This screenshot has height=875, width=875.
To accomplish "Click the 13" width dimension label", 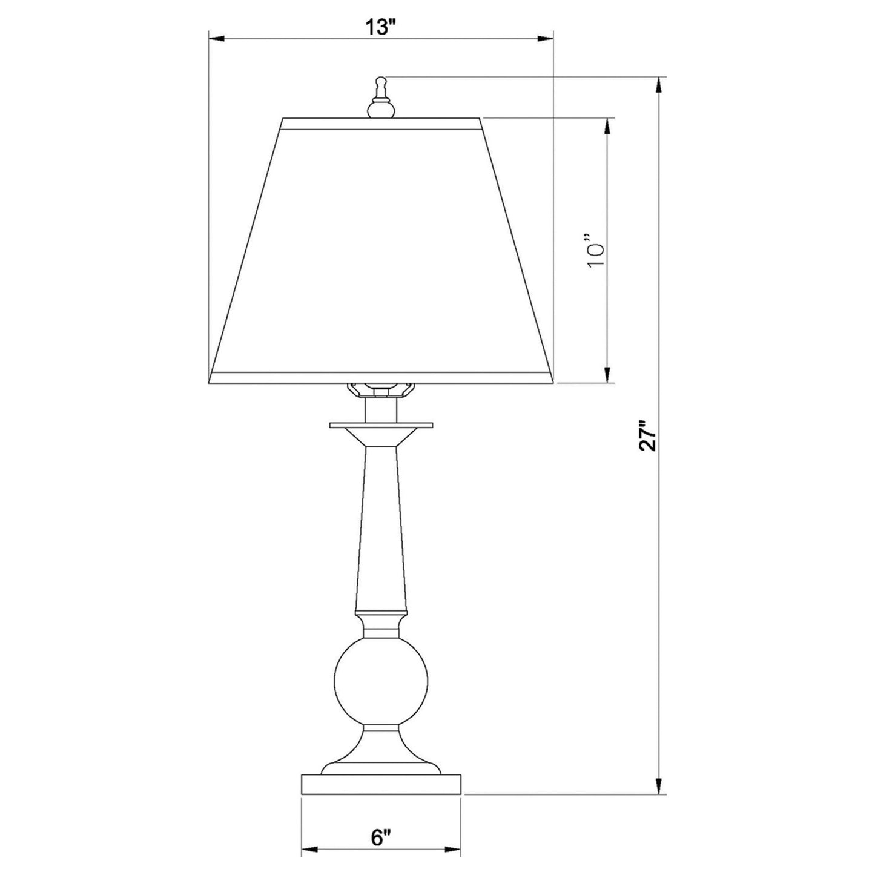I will pyautogui.click(x=380, y=27).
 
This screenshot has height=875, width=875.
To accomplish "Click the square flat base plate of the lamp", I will pyautogui.click(x=381, y=784).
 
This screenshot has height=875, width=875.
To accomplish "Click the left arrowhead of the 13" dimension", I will pyautogui.click(x=216, y=39).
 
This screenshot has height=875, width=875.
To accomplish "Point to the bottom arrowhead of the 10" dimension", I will pyautogui.click(x=607, y=376).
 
